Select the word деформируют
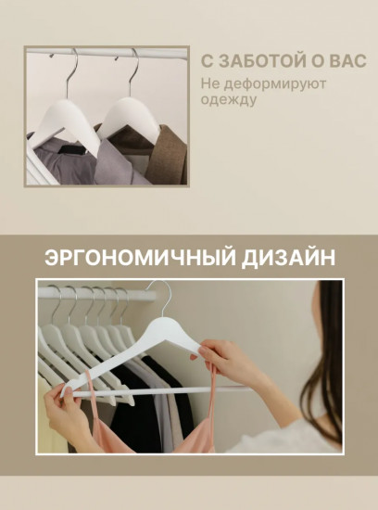pyautogui.click(x=264, y=84)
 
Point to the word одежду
pyautogui.click(x=224, y=101)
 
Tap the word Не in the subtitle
pyautogui.click(x=210, y=84)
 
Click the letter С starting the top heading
pyautogui.click(x=208, y=60)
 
